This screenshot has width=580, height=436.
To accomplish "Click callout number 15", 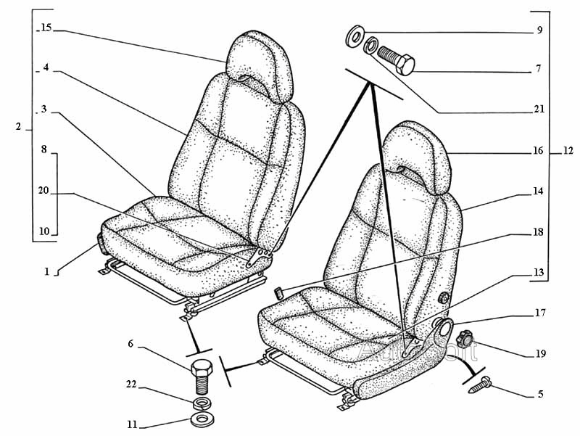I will pyautogui.click(x=46, y=28).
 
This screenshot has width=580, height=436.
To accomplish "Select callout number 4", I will pyautogui.click(x=45, y=67).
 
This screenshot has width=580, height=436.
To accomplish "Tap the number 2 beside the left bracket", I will pyautogui.click(x=18, y=127).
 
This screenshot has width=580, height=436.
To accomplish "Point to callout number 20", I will pyautogui.click(x=43, y=191).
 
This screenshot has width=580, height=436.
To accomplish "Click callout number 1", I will pyautogui.click(x=46, y=272).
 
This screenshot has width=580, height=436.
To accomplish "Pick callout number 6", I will pyautogui.click(x=130, y=344).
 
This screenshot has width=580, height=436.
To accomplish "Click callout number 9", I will pyautogui.click(x=539, y=30).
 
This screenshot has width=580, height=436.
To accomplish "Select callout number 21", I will pyautogui.click(x=539, y=110).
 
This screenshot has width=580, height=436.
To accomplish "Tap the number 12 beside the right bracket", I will pyautogui.click(x=568, y=152).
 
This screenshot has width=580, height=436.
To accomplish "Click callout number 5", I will pyautogui.click(x=540, y=395).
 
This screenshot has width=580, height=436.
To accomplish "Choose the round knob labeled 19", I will pyautogui.click(x=464, y=337).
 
